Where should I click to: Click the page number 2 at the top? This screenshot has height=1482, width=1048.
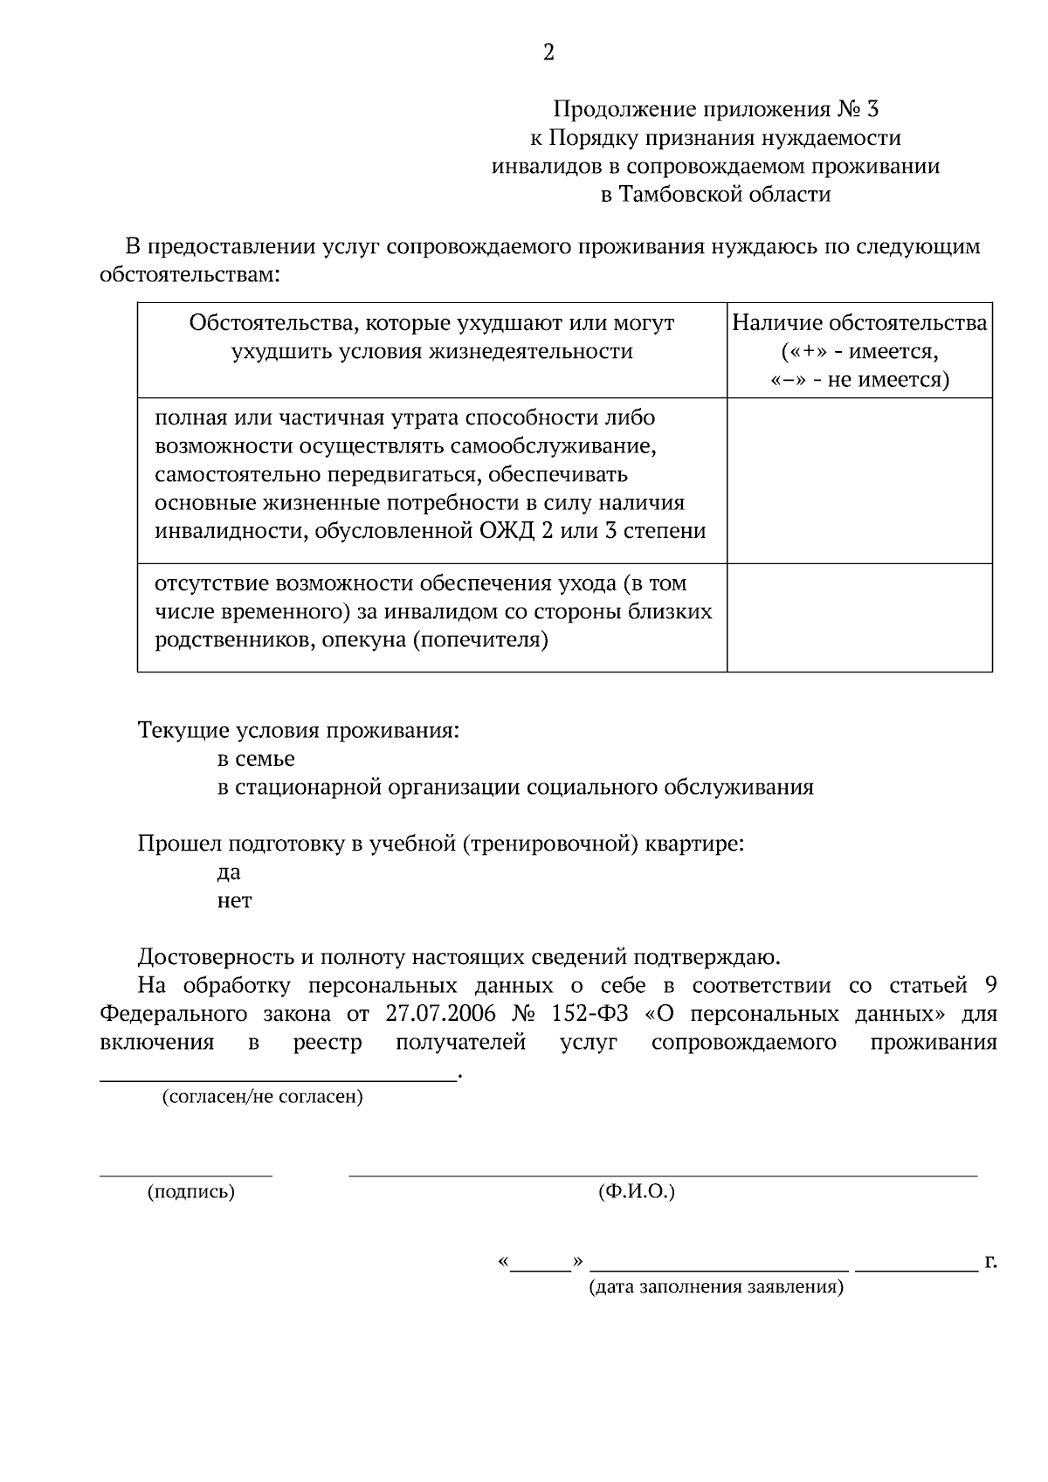tap(548, 54)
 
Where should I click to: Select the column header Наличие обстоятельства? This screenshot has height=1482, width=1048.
tap(859, 324)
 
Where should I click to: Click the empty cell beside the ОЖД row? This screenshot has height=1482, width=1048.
tap(859, 480)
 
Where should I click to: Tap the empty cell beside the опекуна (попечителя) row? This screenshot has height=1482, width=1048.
tap(859, 617)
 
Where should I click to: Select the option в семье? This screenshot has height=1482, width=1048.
tap(256, 759)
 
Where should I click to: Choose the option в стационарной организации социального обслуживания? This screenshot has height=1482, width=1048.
tap(515, 788)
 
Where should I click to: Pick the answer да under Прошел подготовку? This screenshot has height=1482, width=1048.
tap(229, 872)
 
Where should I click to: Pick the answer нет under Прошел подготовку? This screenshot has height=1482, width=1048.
tap(234, 900)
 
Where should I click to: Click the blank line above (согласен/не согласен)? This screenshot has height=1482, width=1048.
tap(278, 1079)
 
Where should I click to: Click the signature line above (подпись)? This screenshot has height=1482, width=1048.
tap(185, 1175)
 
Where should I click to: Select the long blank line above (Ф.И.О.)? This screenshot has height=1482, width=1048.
tap(662, 1175)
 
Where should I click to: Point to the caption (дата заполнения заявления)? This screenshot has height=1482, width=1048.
tap(716, 1287)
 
